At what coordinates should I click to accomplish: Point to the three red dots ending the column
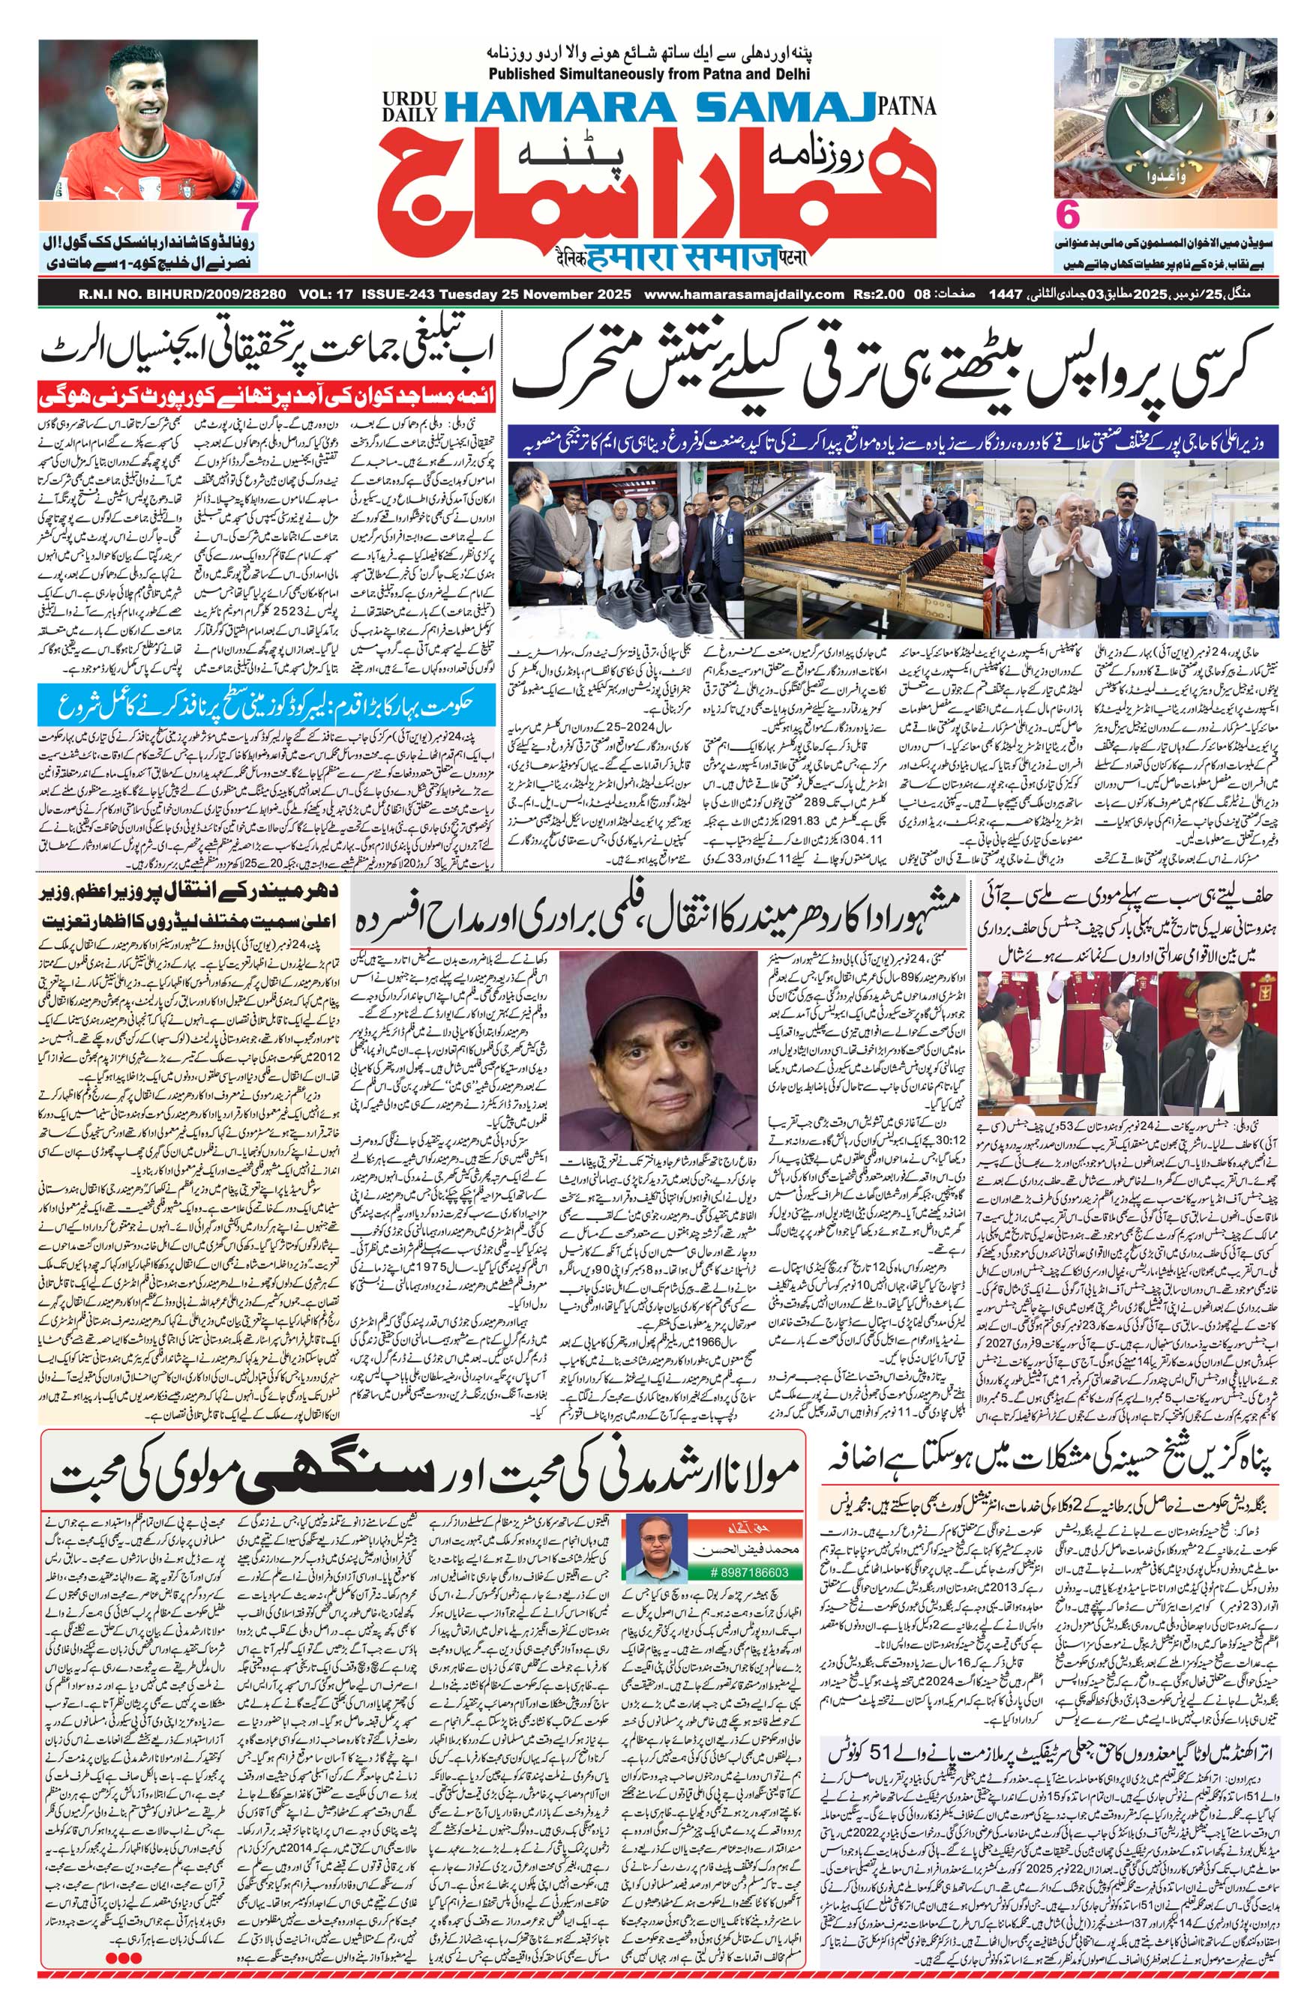coord(124,1976)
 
